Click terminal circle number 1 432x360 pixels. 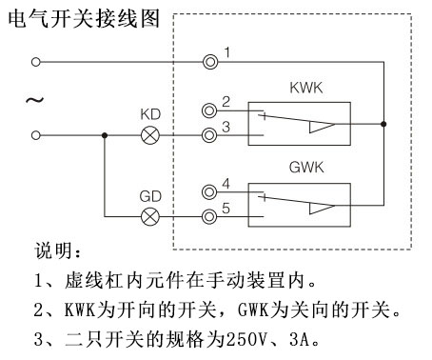click(210, 62)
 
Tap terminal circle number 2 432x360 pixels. click(210, 110)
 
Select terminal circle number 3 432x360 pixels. click(210, 135)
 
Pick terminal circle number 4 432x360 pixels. click(210, 191)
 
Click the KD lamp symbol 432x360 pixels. click(149, 135)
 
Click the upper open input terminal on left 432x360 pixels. click(36, 62)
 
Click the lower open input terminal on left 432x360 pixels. click(36, 135)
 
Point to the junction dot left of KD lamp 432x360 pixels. click(105, 135)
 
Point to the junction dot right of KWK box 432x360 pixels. click(383, 123)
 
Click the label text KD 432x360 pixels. click(149, 114)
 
